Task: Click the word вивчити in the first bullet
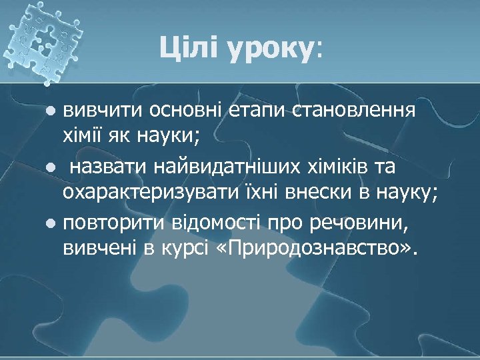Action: click(102, 111)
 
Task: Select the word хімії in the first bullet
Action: click(85, 138)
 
